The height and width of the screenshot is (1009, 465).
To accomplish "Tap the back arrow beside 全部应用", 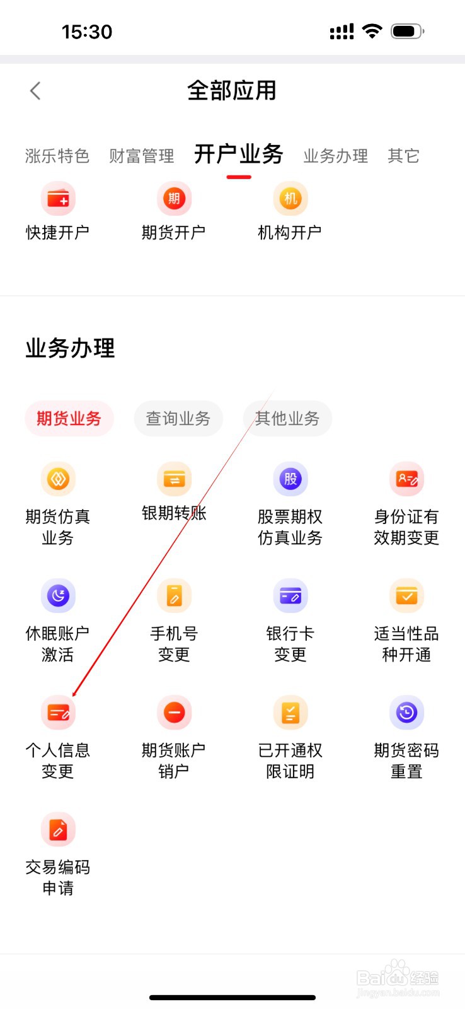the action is [x=35, y=91].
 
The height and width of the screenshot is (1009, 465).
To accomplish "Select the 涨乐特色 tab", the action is [x=57, y=156].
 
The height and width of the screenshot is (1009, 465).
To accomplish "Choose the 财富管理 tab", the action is [x=141, y=156].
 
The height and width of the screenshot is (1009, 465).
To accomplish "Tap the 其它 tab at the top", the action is [x=403, y=156].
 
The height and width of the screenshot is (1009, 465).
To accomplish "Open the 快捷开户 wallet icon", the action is [x=58, y=199].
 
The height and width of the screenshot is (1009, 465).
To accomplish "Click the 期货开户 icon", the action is [x=174, y=199].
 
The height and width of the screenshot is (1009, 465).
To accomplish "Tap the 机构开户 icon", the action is [x=290, y=199].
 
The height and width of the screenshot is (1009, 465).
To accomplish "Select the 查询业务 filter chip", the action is [x=178, y=418].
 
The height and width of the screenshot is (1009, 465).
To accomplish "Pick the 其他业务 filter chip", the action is [x=287, y=418].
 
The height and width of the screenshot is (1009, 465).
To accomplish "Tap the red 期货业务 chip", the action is [x=69, y=418].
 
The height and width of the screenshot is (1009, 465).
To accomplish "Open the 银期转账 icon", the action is [x=174, y=479].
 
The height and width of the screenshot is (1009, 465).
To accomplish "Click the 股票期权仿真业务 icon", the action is [x=290, y=479].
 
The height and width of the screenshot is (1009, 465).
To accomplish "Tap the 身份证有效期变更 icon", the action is [x=406, y=479].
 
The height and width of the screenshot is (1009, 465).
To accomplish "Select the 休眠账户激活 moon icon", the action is [x=58, y=596].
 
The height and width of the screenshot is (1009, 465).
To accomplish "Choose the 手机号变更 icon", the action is [x=174, y=596].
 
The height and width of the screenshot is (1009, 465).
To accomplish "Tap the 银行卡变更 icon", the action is [x=290, y=596].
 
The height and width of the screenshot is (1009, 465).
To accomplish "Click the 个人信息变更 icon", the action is [x=58, y=713].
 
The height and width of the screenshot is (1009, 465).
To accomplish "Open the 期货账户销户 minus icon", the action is [x=174, y=713].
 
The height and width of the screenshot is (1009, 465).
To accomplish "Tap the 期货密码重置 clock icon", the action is [x=406, y=713].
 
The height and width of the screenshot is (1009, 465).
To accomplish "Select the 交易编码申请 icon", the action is [x=58, y=829].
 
